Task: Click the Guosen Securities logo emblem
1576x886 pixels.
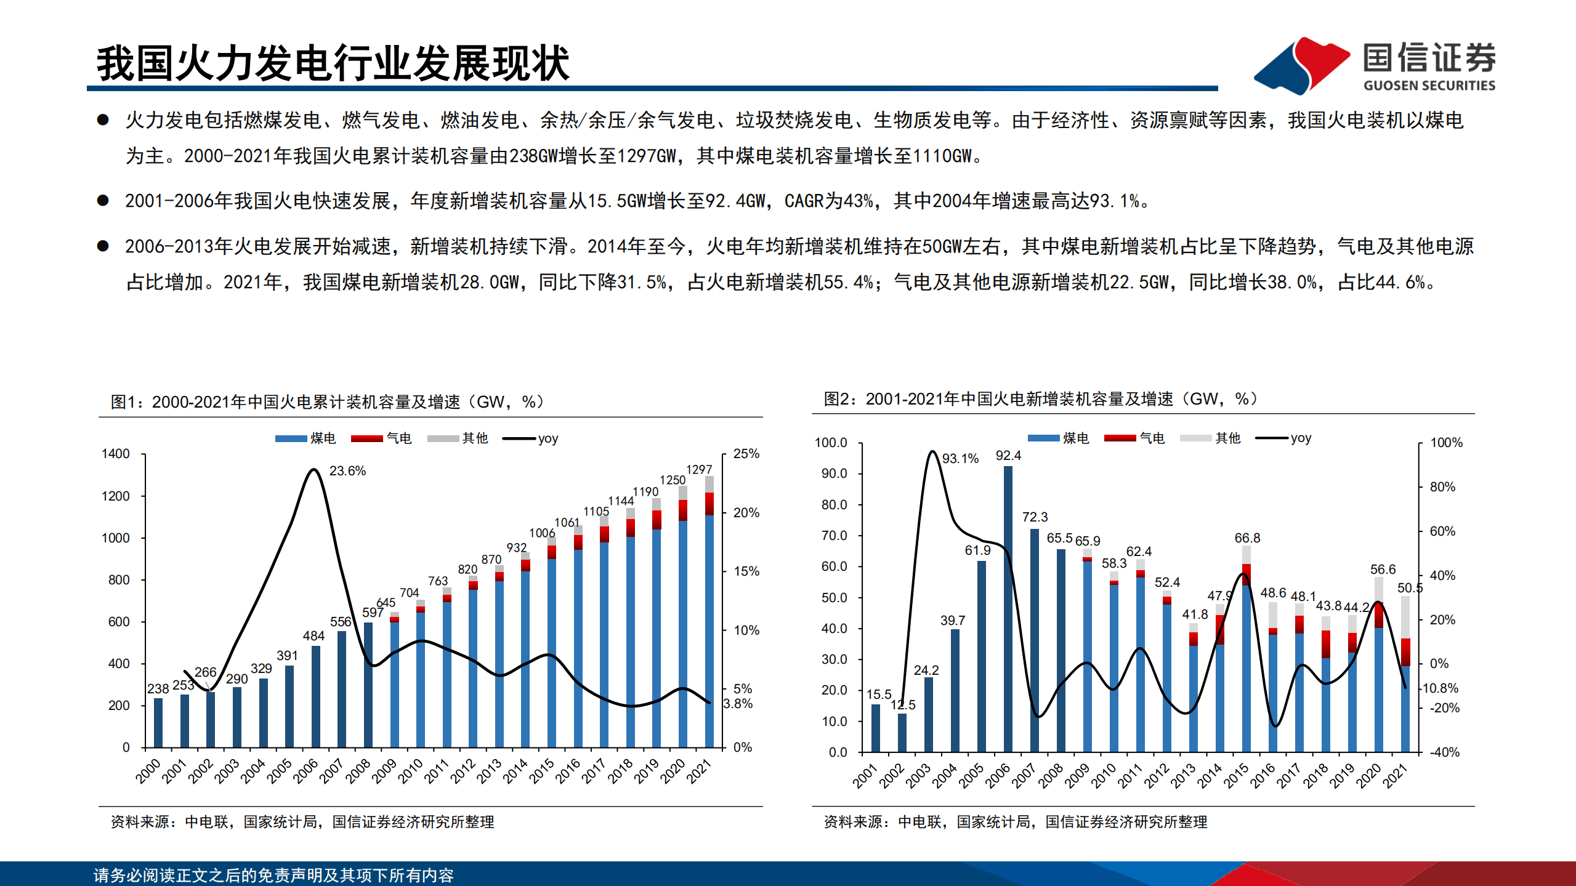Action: tap(1301, 65)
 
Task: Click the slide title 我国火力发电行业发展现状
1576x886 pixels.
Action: tap(333, 63)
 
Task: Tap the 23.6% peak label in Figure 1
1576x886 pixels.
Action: tap(347, 471)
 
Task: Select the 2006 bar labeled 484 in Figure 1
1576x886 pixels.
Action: tap(316, 696)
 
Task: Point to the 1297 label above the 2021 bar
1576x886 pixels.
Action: tap(699, 470)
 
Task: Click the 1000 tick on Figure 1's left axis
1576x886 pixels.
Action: tap(115, 538)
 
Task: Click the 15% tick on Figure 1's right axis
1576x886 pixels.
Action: tap(746, 571)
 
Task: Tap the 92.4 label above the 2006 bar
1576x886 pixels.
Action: tap(1008, 456)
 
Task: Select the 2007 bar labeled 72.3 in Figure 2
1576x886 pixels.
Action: tap(1034, 640)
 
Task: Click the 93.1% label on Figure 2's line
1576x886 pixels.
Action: tap(960, 459)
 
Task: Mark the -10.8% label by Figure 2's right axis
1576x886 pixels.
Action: tap(1440, 688)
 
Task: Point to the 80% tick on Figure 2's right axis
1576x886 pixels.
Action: tap(1442, 487)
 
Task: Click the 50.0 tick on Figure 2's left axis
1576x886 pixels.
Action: tap(834, 598)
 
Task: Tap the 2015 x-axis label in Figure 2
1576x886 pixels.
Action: tap(1235, 776)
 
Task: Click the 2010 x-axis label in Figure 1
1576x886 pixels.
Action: tap(410, 771)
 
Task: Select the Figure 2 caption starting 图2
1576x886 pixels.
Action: tap(1041, 399)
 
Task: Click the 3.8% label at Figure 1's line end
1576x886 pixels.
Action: tap(737, 704)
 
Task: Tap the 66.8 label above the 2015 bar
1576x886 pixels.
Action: tap(1247, 538)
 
